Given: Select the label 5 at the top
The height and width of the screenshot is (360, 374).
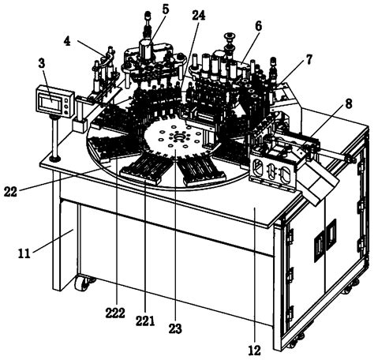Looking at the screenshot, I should click(x=164, y=9).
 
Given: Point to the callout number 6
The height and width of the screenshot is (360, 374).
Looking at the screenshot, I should click(x=257, y=26).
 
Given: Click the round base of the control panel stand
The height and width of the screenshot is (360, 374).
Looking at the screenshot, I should click(x=54, y=159).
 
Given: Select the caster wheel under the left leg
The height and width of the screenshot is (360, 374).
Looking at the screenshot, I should click(x=81, y=282).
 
